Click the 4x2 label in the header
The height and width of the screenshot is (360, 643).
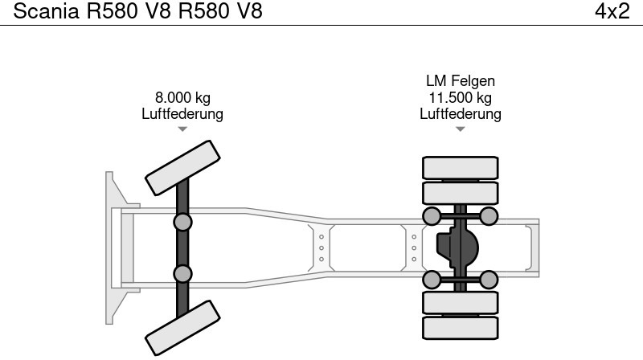612,11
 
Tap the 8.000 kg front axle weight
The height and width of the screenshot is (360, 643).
182,98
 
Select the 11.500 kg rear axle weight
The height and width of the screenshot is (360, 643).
460,98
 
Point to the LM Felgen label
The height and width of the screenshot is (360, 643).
460,81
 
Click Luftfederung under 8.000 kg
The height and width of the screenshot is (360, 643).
182,114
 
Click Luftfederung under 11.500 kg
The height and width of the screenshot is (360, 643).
460,114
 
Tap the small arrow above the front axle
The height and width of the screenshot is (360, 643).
182,129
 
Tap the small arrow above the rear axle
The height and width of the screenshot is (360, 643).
460,129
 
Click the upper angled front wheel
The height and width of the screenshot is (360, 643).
182,167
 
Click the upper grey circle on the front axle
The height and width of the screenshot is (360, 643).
183,222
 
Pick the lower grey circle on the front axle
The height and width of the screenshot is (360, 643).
183,273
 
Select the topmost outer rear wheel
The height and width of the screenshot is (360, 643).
461,168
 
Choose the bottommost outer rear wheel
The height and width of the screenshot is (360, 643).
461,327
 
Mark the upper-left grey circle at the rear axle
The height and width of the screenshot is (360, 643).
432,215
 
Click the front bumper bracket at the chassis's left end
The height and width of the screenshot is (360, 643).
115,247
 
